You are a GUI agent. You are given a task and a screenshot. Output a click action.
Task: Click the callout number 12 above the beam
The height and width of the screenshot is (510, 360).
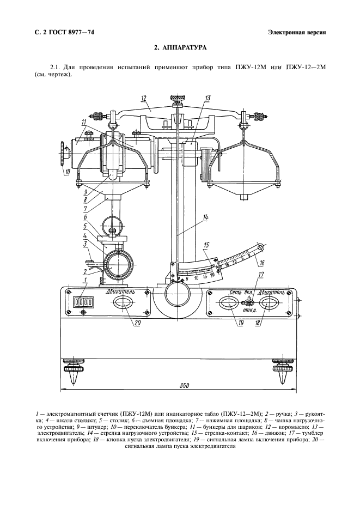point(144,98)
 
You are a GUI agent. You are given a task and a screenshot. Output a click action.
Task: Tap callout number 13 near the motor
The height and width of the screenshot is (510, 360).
point(208,98)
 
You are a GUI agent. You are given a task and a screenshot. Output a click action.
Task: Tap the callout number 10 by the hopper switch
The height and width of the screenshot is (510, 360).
point(67,173)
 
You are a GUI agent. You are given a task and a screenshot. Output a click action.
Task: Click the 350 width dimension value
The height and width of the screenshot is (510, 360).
point(184,386)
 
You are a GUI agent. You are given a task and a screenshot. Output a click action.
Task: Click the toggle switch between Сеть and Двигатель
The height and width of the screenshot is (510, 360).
point(249,302)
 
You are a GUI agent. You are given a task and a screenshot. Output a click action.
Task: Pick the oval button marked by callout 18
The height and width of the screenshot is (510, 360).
point(268,303)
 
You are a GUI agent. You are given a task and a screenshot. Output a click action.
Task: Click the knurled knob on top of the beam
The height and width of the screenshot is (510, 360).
point(177,98)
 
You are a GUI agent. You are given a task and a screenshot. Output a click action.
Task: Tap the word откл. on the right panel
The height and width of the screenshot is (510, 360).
point(250,311)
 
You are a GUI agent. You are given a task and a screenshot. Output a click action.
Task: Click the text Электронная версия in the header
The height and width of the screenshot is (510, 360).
point(297,32)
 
